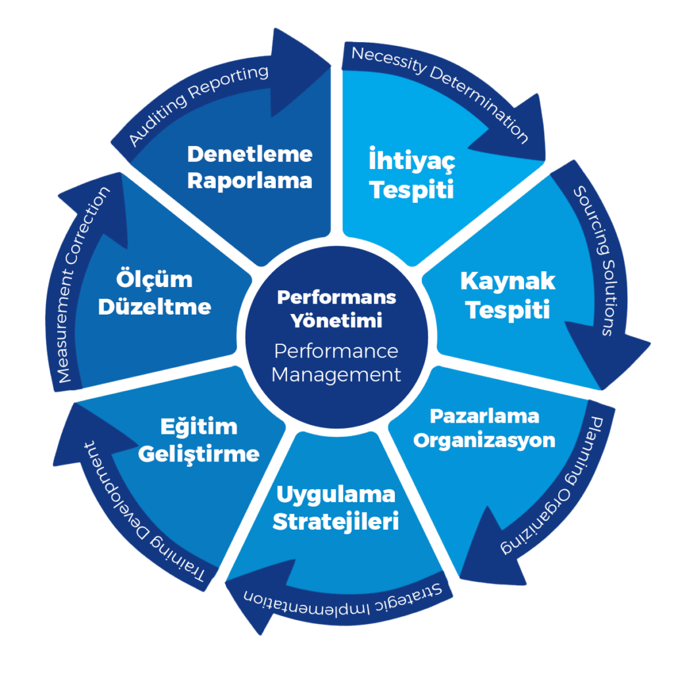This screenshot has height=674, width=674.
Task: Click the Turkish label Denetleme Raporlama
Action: coord(249,167)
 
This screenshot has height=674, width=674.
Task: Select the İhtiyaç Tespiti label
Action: coord(411,175)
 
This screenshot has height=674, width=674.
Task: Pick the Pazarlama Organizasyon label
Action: coord(484,428)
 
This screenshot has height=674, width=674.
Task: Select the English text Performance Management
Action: coord(336,363)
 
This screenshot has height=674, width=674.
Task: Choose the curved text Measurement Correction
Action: coord(82,286)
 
